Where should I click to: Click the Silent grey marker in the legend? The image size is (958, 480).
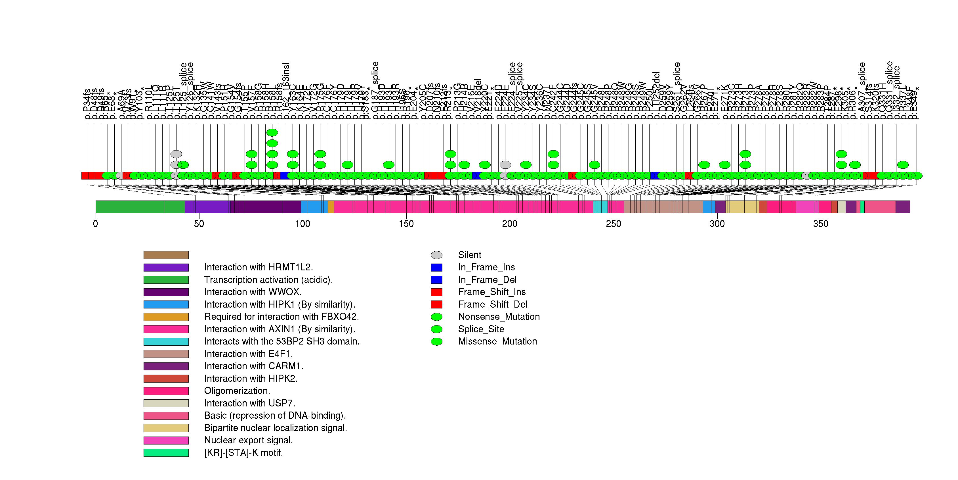point(437,255)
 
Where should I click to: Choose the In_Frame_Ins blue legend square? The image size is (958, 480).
point(437,268)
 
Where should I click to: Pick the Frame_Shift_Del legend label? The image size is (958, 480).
point(492,304)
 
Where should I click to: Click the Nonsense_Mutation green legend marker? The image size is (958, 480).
point(437,317)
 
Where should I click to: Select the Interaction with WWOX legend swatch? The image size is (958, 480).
point(166,292)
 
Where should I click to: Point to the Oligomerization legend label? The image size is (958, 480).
point(237,391)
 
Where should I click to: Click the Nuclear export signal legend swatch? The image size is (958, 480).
point(166,440)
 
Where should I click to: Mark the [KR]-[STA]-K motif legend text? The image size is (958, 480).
point(243,452)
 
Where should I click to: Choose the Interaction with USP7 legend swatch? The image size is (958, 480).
point(166,403)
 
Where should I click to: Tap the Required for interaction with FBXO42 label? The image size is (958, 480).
point(281,317)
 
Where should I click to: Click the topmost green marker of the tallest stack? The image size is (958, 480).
point(272,132)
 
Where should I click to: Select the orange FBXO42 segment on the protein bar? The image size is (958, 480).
point(331,207)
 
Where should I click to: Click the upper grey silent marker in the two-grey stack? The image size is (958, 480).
point(176,154)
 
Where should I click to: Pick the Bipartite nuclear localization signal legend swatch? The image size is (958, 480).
point(166,428)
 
